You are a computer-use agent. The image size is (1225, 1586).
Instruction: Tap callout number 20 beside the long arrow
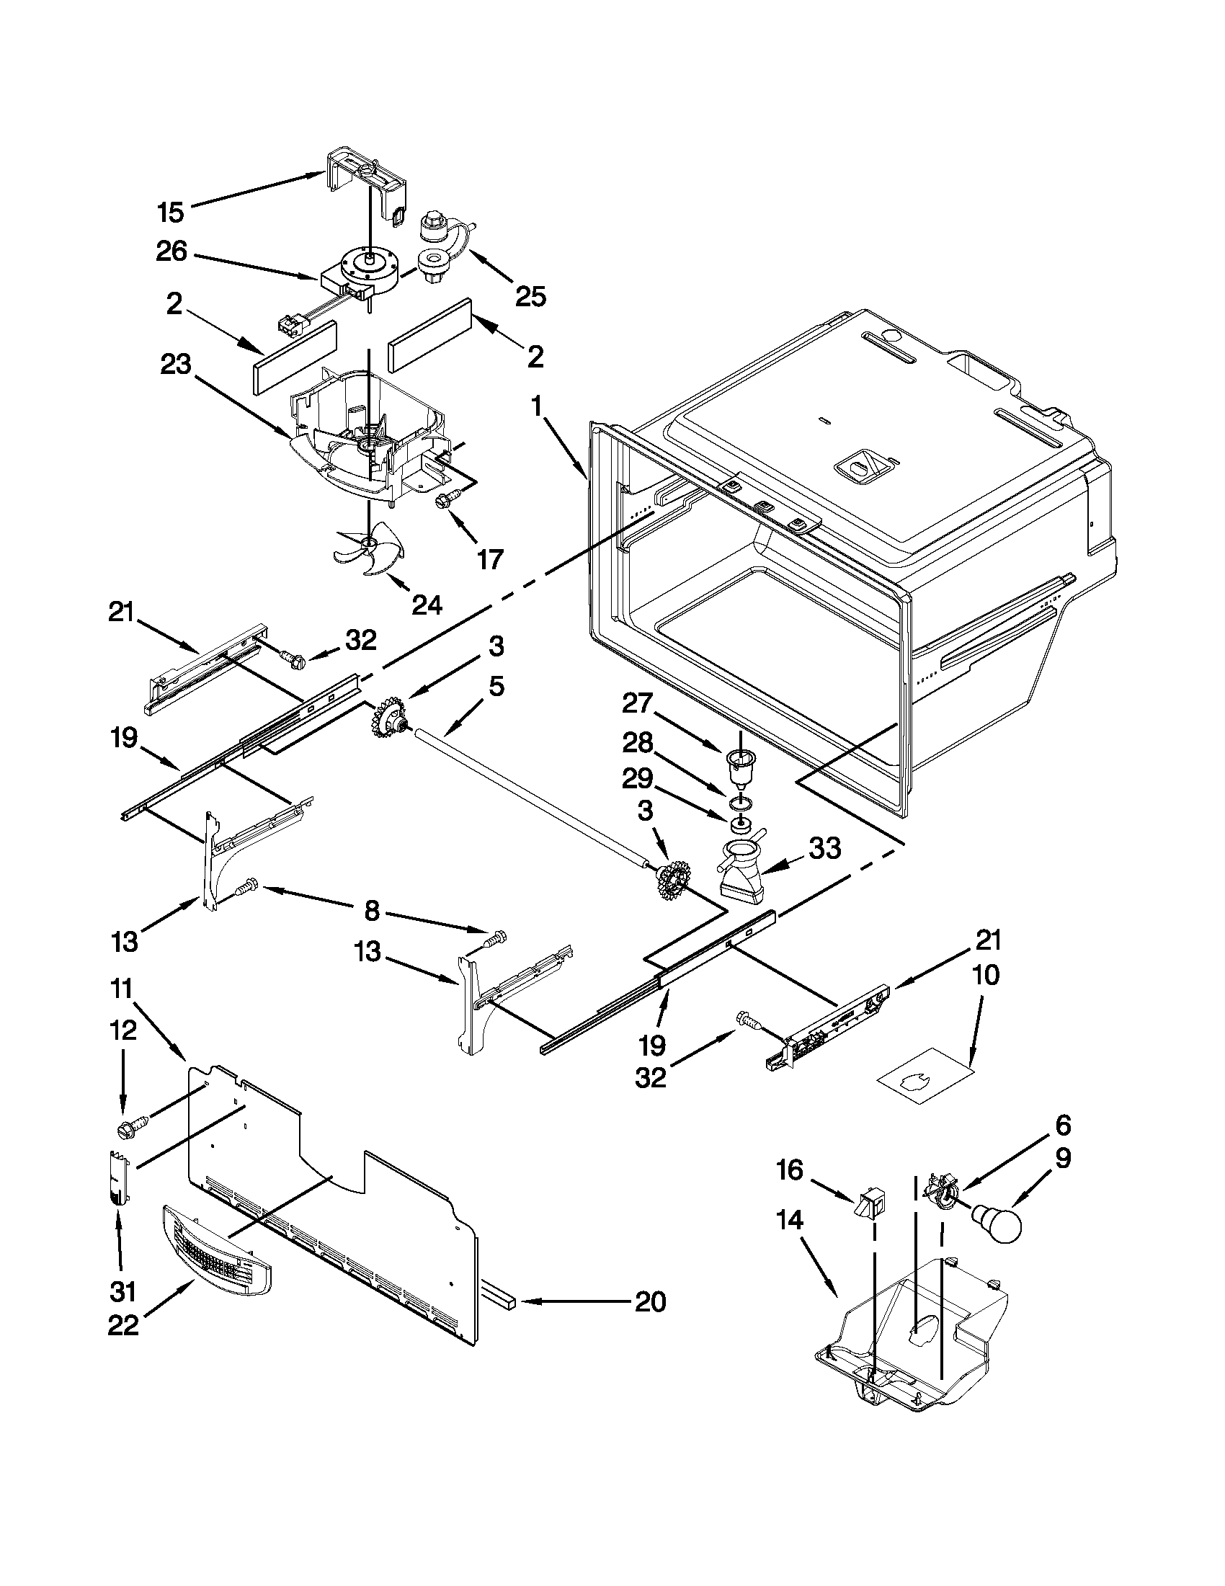[x=650, y=1302]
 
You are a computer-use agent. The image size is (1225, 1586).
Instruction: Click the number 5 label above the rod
[x=496, y=685]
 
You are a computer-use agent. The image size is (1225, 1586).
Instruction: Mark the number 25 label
[x=530, y=296]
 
